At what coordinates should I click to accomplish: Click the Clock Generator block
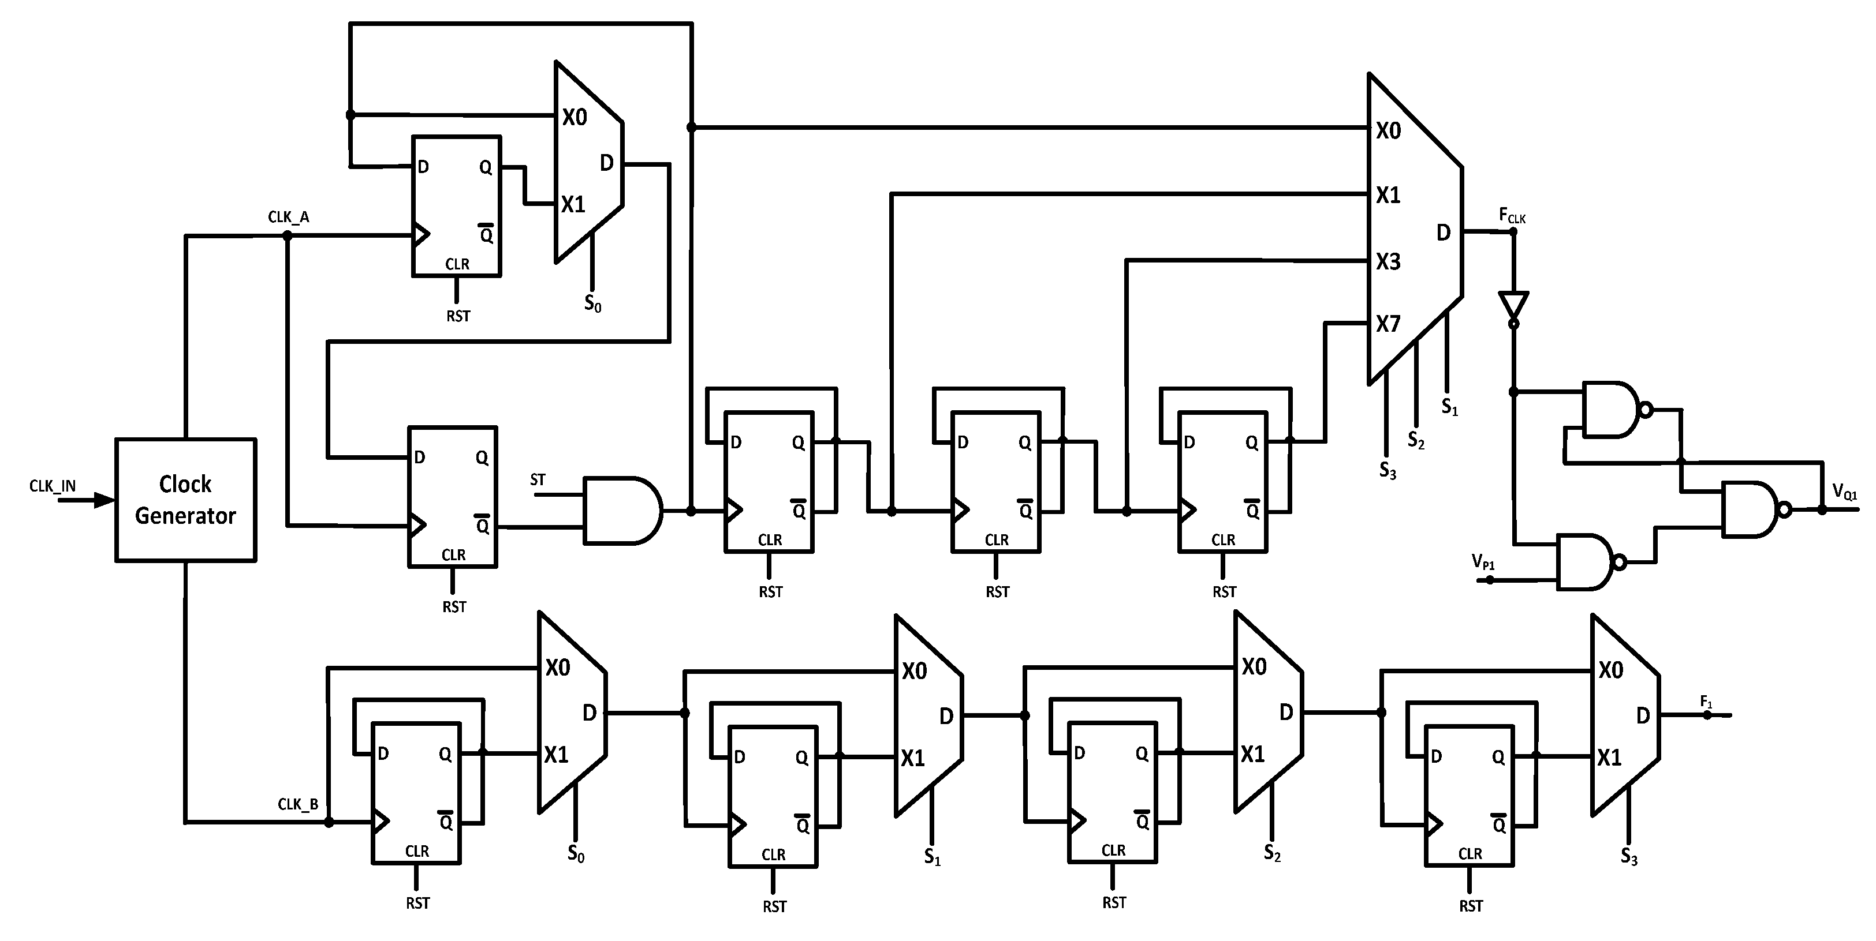pyautogui.click(x=186, y=500)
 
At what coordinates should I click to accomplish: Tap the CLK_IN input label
pyautogui.click(x=53, y=485)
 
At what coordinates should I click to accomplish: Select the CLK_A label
pyautogui.click(x=288, y=217)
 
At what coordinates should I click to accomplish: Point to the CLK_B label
pyautogui.click(x=298, y=804)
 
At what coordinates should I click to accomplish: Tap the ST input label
pyautogui.click(x=538, y=479)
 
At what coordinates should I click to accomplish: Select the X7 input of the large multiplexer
pyautogui.click(x=1388, y=324)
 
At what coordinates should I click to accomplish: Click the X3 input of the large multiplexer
pyautogui.click(x=1388, y=261)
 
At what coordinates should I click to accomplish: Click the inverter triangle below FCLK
pyautogui.click(x=1513, y=306)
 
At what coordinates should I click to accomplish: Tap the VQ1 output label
pyautogui.click(x=1845, y=493)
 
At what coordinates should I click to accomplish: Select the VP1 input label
pyautogui.click(x=1483, y=562)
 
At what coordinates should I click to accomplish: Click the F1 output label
pyautogui.click(x=1706, y=702)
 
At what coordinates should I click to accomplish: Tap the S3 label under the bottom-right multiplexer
pyautogui.click(x=1629, y=857)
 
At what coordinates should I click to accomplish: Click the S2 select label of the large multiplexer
pyautogui.click(x=1416, y=440)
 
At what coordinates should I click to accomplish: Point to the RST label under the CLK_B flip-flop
pyautogui.click(x=418, y=903)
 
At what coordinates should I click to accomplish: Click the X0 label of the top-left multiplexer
pyautogui.click(x=574, y=117)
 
